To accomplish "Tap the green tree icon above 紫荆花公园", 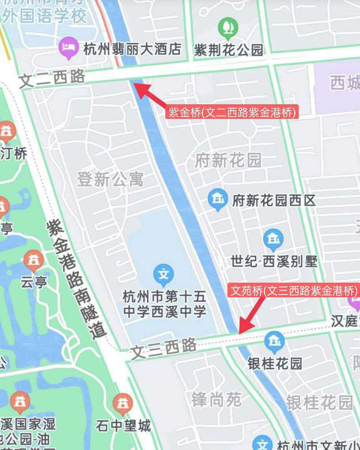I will [228, 27].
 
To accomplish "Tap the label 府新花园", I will [228, 161].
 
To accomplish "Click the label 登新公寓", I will [110, 180].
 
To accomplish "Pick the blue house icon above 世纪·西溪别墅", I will [273, 239].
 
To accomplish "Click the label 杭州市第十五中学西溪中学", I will [165, 304].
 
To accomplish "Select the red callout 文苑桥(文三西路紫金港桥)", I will [294, 291].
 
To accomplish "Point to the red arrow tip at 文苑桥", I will [240, 332].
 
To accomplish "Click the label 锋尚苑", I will [216, 399].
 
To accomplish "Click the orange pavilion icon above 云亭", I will [34, 260].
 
